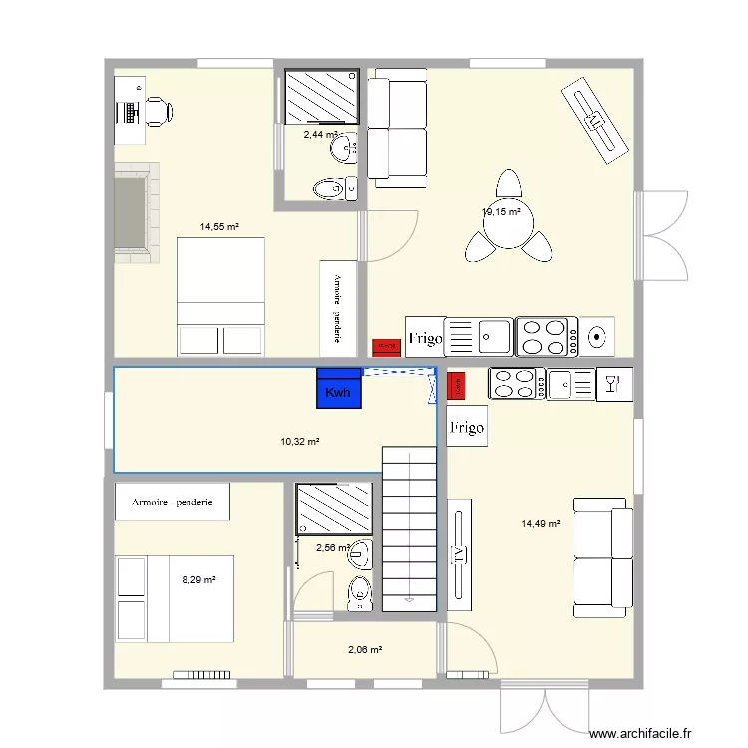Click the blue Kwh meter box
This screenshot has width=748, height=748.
pyautogui.click(x=338, y=388)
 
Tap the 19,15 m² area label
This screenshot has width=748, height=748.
pyautogui.click(x=501, y=212)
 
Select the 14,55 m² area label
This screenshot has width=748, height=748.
pyautogui.click(x=218, y=227)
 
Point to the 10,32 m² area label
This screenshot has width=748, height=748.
pyautogui.click(x=299, y=441)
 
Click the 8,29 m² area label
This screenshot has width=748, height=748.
pyautogui.click(x=198, y=578)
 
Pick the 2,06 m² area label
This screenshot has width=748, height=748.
pyautogui.click(x=365, y=650)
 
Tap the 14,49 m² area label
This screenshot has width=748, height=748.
pyautogui.click(x=540, y=523)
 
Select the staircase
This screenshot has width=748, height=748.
pyautogui.click(x=410, y=529)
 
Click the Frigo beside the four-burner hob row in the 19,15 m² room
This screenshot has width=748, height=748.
pyautogui.click(x=424, y=337)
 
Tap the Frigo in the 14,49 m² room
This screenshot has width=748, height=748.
pyautogui.click(x=467, y=428)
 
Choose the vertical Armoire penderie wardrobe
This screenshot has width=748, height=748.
pyautogui.click(x=338, y=307)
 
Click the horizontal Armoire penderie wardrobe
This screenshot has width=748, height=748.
pyautogui.click(x=172, y=502)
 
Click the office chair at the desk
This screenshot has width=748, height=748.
pyautogui.click(x=159, y=111)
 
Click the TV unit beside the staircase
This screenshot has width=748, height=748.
pyautogui.click(x=461, y=559)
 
